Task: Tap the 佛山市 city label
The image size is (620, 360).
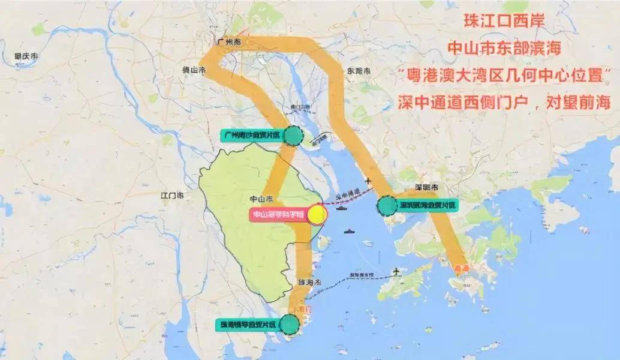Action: [x=194, y=70]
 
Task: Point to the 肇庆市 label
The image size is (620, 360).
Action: [x=26, y=56]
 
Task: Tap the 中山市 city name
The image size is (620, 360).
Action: [x=261, y=198]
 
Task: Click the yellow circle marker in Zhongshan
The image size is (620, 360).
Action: [x=317, y=214]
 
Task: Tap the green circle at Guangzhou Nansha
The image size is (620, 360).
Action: [x=293, y=136]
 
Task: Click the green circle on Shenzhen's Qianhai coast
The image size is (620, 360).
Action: [x=386, y=206]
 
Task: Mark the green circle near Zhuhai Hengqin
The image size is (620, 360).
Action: [x=290, y=325]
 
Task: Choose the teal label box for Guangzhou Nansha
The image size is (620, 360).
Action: [x=250, y=136]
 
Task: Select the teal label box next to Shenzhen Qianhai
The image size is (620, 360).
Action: [x=426, y=206]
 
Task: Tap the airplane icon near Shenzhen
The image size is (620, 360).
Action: [x=368, y=182]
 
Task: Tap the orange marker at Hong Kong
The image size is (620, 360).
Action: [x=461, y=268]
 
